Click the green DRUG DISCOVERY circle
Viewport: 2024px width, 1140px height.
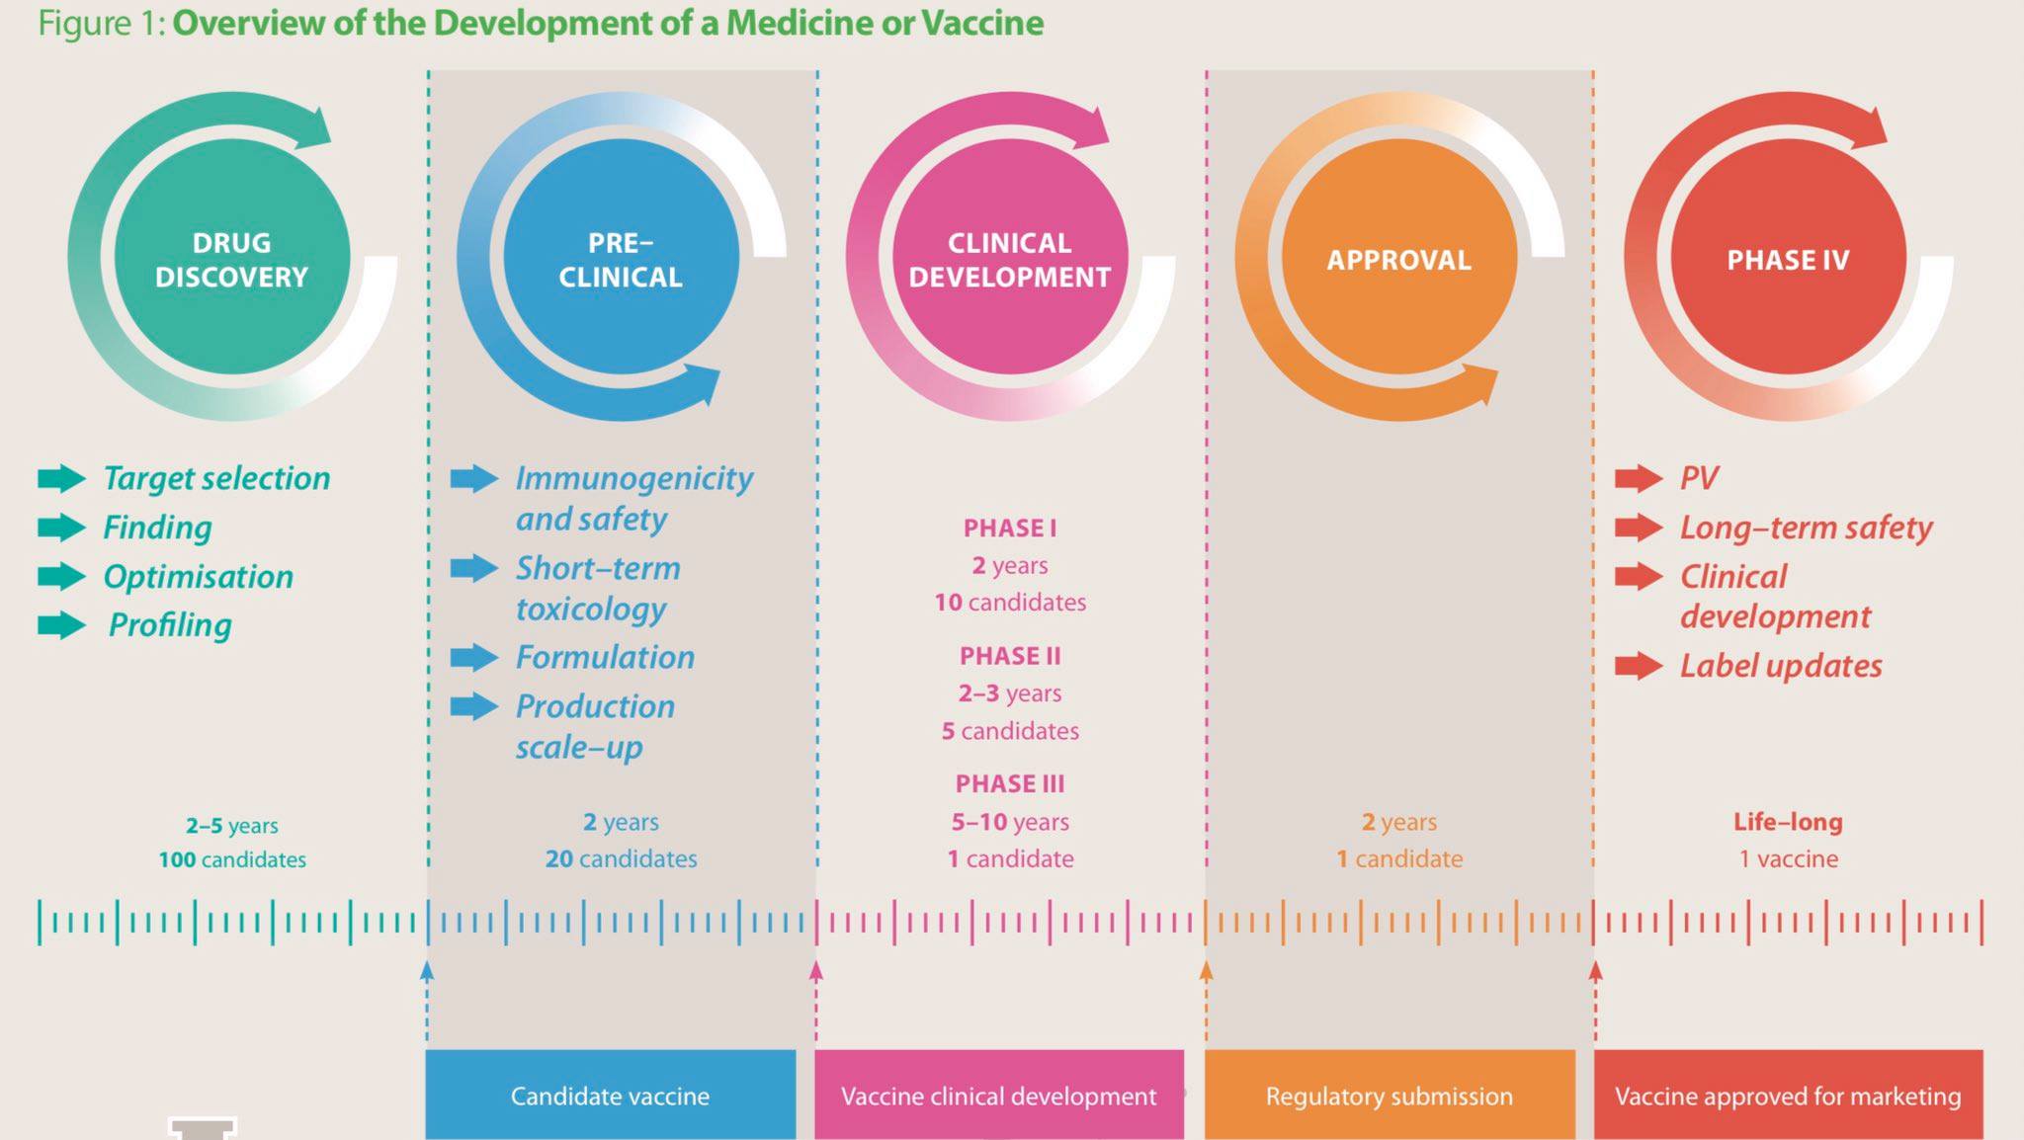232,258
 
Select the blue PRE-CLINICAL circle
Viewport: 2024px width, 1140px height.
621,258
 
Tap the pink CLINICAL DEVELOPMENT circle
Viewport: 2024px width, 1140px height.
1009,258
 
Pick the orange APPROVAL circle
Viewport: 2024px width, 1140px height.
1398,258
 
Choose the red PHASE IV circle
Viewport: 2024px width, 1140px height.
1788,258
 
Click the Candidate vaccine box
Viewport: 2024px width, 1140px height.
610,1096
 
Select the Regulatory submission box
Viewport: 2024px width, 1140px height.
1389,1096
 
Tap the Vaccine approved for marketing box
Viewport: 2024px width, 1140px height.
1788,1096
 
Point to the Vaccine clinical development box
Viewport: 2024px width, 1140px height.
998,1096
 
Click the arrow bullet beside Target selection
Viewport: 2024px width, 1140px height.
61,479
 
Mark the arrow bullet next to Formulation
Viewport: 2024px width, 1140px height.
474,658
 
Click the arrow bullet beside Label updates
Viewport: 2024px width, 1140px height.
1639,667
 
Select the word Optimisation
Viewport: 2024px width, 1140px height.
199,577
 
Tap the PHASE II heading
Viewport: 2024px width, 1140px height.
1009,656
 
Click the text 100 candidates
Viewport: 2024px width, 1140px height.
232,860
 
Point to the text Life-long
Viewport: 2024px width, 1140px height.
1788,822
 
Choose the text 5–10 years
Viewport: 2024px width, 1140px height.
1010,822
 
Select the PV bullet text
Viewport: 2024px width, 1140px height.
1699,479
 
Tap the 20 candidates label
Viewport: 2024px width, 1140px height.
621,859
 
